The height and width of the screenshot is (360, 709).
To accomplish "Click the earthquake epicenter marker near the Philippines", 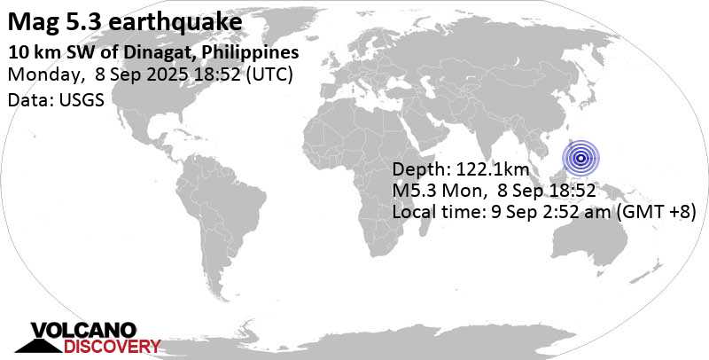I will pyautogui.click(x=580, y=159).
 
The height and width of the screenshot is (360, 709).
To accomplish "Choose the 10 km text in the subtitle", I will pyautogui.click(x=26, y=52).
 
